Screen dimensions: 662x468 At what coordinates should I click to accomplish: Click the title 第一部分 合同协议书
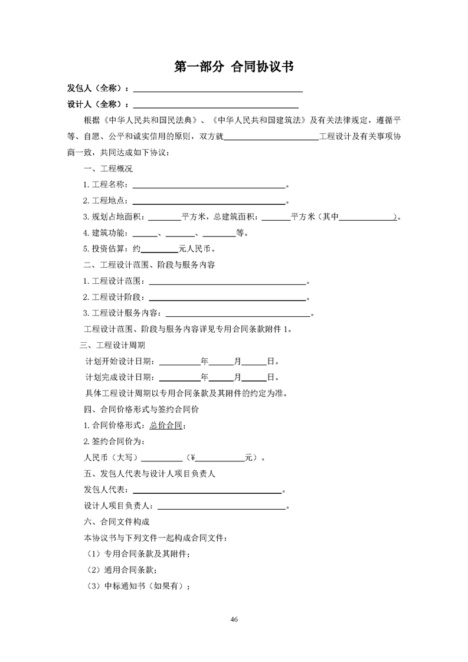pos(234,67)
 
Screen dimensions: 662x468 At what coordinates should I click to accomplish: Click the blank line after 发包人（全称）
pos(218,90)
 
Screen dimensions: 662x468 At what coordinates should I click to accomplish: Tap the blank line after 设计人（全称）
pos(215,105)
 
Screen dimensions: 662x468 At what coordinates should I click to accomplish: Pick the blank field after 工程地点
pos(211,201)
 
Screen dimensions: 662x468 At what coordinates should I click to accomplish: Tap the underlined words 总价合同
pos(166,425)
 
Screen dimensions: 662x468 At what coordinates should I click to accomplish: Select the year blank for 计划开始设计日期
pos(179,361)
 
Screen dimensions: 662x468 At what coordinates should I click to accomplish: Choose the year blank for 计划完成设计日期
pos(179,377)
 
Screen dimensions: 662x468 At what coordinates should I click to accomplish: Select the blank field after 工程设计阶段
pos(229,297)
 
